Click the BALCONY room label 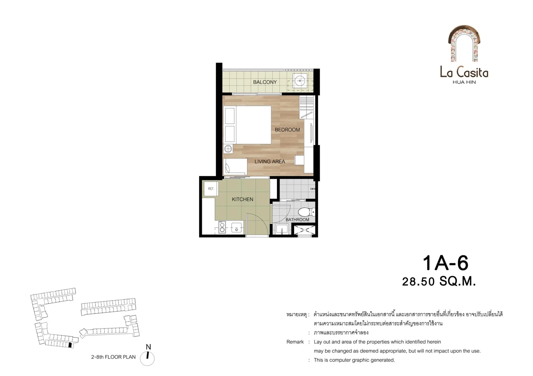pos(265,82)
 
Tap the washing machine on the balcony pos(300,81)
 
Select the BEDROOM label pos(287,130)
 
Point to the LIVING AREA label pos(270,161)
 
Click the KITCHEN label pos(243,199)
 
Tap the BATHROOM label pos(297,220)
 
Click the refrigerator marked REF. pos(211,189)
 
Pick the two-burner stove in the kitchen pos(222,227)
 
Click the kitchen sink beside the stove pos(237,228)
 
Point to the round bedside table pos(228,149)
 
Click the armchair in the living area pos(235,167)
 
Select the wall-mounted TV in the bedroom pos(311,133)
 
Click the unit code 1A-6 pos(445,263)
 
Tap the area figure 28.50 pos(418,282)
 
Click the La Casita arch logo pos(464,43)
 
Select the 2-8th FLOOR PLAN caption pos(113,357)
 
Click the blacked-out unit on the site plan pos(70,345)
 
